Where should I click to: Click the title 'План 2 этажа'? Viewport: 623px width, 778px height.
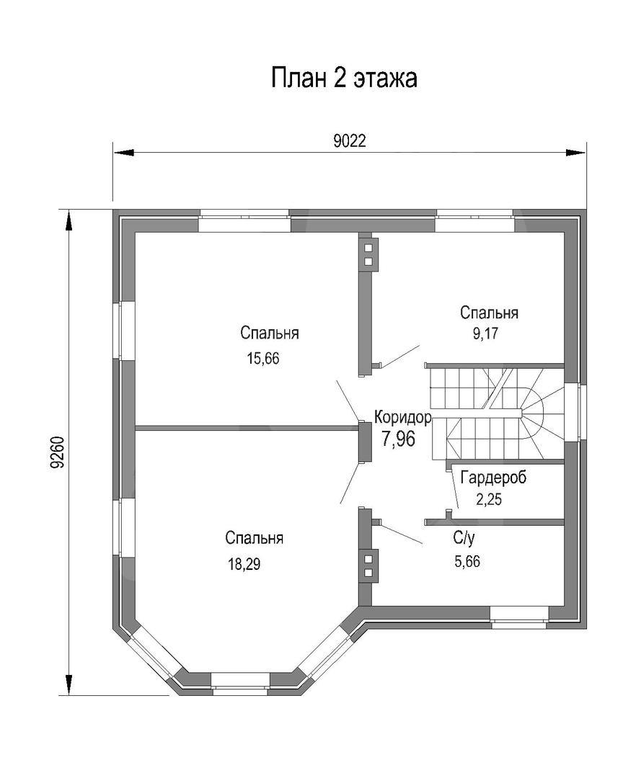pos(344,79)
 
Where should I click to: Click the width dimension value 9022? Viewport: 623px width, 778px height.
pos(350,141)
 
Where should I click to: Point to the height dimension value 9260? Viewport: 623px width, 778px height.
pos(57,452)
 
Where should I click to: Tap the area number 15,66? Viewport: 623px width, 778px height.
pos(262,359)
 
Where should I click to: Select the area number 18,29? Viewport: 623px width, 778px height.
pos(244,564)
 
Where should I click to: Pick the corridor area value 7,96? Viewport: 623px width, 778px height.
pos(399,439)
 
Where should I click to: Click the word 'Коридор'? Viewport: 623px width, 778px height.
pos(402,417)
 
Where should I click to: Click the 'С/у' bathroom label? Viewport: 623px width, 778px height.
pos(463,537)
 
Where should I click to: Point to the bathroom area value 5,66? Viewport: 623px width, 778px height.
pos(467,562)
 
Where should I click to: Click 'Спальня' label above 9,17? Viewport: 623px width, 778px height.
pos(490,313)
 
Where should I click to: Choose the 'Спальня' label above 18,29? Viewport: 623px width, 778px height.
pos(254,538)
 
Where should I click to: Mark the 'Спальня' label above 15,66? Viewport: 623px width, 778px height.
pos(270,334)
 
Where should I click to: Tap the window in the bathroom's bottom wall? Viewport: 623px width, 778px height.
pos(519,614)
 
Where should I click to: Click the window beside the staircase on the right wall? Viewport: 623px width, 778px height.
pos(574,411)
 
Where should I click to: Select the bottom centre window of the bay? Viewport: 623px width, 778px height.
pos(240,681)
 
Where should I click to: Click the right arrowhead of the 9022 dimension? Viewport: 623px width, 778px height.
pos(576,152)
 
